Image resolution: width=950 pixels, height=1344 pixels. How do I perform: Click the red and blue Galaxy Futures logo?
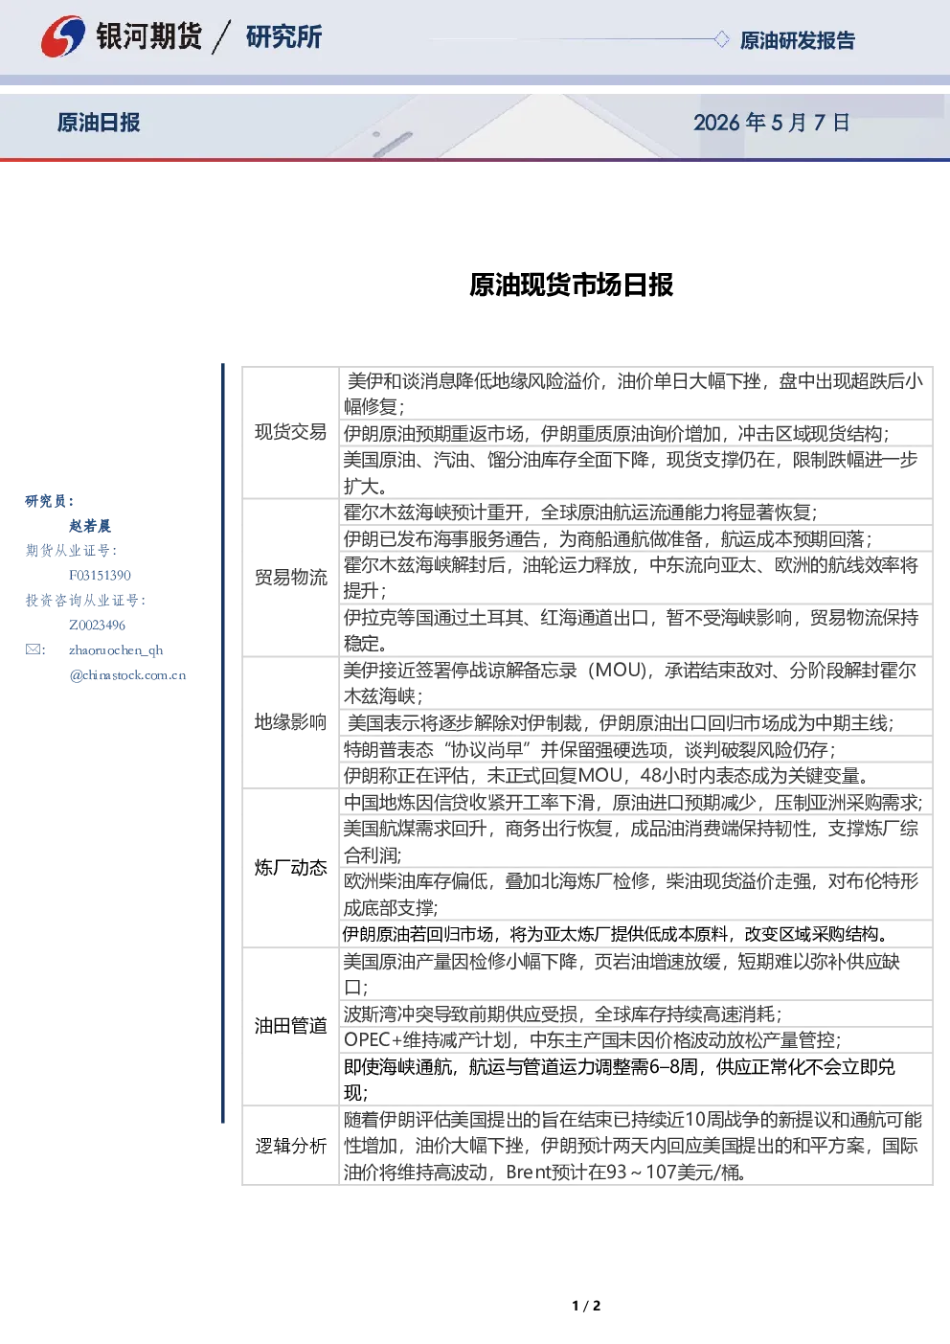[62, 36]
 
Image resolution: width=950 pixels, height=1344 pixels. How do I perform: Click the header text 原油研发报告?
[797, 40]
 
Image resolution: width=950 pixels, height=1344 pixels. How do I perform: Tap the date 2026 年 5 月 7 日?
[771, 123]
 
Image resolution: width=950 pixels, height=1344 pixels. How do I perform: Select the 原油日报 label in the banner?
[99, 123]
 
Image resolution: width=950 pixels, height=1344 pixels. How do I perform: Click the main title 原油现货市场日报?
[571, 285]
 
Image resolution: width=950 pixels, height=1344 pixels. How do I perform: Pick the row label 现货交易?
[290, 432]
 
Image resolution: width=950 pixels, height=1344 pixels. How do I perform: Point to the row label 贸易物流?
[290, 578]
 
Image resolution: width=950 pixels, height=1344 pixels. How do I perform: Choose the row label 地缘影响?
[290, 721]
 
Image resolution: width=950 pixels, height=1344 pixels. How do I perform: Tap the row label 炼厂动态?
[290, 868]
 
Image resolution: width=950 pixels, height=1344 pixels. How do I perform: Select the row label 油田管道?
[290, 1026]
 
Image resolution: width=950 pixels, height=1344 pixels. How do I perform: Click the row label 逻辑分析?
[290, 1146]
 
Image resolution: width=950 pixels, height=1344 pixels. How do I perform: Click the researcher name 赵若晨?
[90, 526]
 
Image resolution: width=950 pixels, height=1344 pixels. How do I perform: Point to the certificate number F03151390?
[100, 576]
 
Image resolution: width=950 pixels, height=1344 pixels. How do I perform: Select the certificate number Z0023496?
[97, 626]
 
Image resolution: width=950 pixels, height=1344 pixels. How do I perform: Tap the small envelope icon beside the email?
[33, 649]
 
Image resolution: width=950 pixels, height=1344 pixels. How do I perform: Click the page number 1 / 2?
[586, 1306]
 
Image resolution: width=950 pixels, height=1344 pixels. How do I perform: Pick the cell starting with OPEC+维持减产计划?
[635, 1039]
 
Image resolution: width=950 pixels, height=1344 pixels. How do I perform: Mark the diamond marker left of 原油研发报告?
[721, 39]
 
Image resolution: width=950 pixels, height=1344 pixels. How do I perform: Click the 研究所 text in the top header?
[283, 36]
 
